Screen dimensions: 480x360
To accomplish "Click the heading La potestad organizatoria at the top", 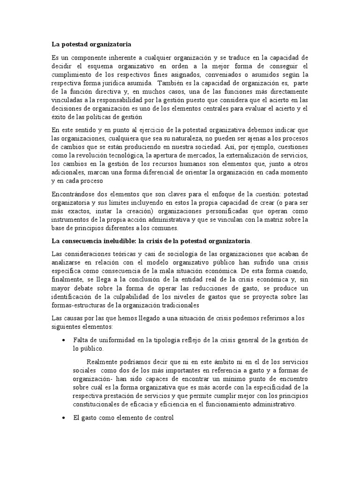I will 91,44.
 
